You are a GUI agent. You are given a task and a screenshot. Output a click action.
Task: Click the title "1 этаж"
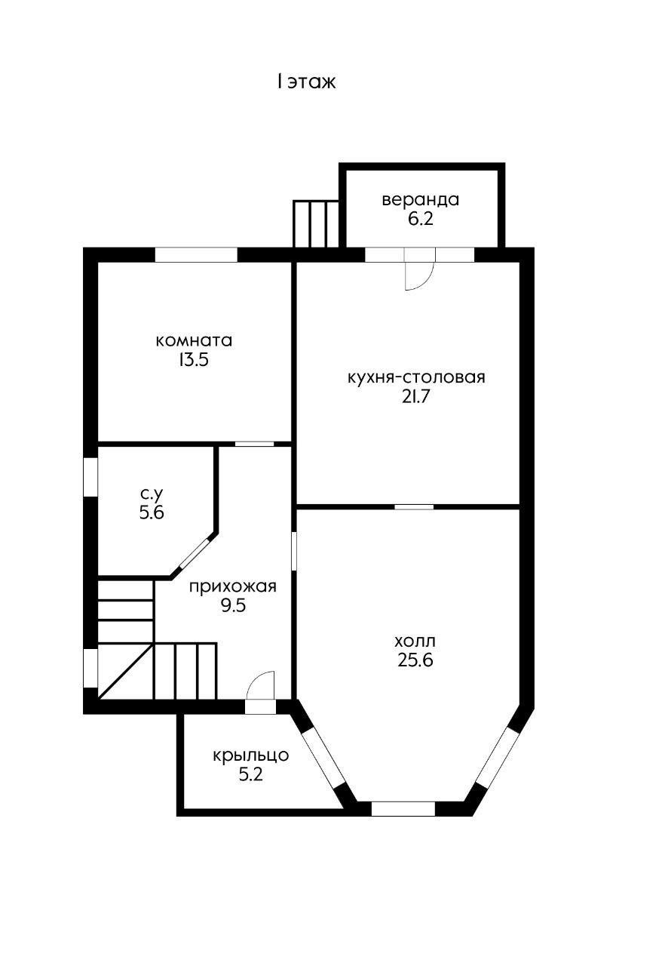306,82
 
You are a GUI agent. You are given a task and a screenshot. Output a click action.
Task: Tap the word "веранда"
421,200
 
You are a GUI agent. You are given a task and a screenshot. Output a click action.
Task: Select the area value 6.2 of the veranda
421,219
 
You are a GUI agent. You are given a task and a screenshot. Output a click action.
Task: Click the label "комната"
194,340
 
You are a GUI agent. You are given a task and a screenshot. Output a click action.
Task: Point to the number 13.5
194,360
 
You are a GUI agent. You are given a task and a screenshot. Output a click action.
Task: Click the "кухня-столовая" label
416,377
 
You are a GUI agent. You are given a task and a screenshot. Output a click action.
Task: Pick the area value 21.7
416,397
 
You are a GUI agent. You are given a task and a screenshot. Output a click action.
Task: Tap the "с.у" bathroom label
152,494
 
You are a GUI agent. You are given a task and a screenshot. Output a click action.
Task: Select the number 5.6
152,512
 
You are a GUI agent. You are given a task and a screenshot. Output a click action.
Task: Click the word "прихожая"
233,586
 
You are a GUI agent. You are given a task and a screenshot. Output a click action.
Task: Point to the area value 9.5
233,605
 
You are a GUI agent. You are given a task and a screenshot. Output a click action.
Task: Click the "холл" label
415,641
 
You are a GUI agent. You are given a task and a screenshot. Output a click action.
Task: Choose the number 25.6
415,660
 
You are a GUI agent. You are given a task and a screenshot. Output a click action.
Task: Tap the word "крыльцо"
250,755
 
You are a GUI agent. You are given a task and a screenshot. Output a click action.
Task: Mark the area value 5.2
250,775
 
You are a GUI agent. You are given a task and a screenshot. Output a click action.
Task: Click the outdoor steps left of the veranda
316,224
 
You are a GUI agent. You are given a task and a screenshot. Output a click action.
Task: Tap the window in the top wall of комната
196,254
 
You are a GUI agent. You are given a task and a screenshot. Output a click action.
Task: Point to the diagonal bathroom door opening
195,553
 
